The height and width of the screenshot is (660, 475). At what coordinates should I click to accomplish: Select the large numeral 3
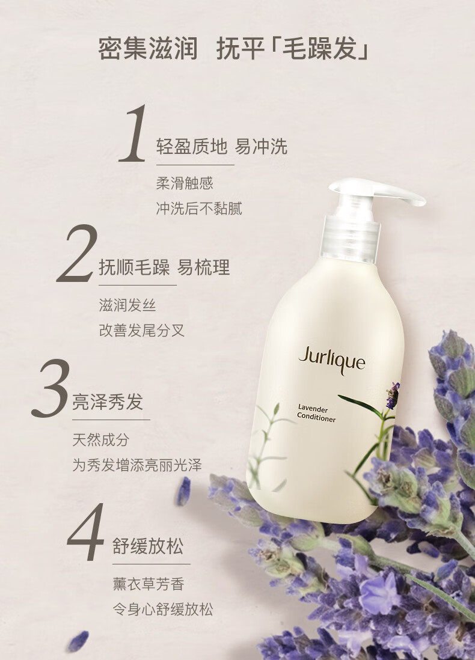click(x=50, y=388)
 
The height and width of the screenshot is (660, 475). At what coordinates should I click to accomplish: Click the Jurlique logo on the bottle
click(x=332, y=360)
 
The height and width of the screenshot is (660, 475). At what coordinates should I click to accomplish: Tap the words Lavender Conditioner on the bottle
click(x=316, y=413)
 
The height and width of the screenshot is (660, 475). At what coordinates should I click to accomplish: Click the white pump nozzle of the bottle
click(x=377, y=192)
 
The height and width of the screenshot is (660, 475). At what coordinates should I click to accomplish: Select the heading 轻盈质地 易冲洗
click(x=222, y=147)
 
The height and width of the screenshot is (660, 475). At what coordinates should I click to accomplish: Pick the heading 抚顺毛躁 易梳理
click(x=164, y=267)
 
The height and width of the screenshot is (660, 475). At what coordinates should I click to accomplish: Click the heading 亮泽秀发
click(x=108, y=402)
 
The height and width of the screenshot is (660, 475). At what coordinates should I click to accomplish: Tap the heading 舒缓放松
click(x=148, y=546)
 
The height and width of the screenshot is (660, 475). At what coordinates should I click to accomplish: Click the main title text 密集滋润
click(x=148, y=49)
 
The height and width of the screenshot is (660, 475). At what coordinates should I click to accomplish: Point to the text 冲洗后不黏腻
click(x=199, y=209)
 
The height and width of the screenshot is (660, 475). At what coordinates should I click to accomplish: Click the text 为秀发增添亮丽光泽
click(x=137, y=465)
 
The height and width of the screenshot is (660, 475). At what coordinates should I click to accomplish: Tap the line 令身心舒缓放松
click(x=163, y=609)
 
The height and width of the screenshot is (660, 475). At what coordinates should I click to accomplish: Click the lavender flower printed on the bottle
click(x=393, y=395)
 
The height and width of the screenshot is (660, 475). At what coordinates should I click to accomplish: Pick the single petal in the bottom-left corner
click(x=79, y=641)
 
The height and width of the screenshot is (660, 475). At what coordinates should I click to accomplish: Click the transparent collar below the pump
click(x=351, y=238)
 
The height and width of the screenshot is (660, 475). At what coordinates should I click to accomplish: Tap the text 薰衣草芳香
click(x=149, y=584)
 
